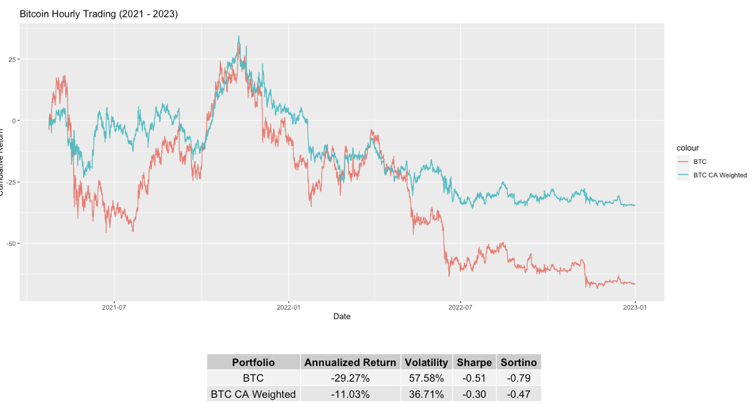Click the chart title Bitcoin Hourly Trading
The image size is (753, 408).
click(99, 14)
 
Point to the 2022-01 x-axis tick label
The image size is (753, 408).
click(288, 307)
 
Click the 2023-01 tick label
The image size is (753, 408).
click(635, 307)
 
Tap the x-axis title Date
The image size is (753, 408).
click(342, 316)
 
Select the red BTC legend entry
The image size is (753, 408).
click(700, 162)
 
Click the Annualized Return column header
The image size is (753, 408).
click(350, 363)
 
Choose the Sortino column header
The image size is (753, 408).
click(518, 363)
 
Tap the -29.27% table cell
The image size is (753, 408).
click(350, 378)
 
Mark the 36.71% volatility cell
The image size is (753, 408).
click(426, 394)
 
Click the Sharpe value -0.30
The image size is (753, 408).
click(473, 394)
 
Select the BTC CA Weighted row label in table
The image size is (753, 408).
click(253, 394)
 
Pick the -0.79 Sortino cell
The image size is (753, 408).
click(518, 378)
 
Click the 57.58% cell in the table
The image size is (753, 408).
click(426, 378)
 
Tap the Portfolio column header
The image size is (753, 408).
click(253, 363)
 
